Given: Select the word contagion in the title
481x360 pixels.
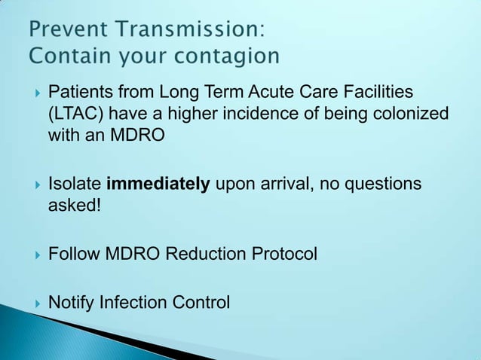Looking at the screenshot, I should pos(229,56).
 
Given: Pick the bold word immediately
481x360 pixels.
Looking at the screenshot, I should pos(158,185).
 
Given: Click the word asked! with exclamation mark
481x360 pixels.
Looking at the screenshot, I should pos(74,206).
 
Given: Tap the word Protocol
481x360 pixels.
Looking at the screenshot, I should pos(283,255).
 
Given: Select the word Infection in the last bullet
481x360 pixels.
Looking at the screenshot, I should pos(133,303).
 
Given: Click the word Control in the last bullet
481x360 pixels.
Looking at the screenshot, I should pos(201,303).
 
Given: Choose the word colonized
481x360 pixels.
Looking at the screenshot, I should pos(412,114).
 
